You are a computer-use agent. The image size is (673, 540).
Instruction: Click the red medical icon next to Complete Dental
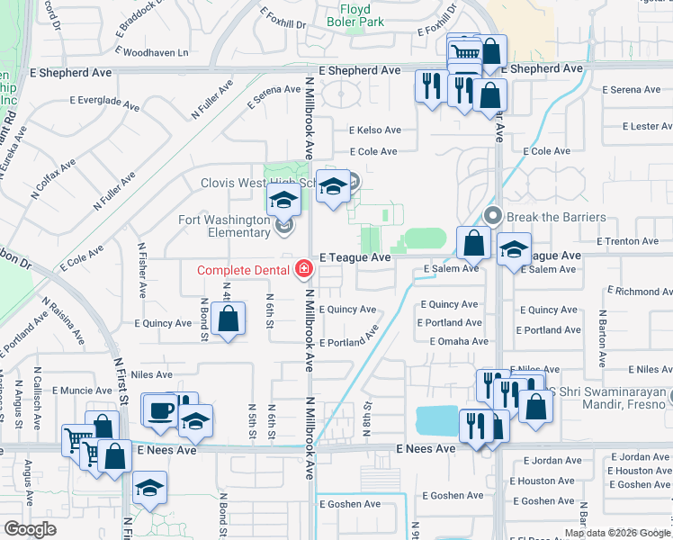(303, 269)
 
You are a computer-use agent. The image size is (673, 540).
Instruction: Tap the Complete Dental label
(244, 269)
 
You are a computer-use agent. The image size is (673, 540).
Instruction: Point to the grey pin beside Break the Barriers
(492, 216)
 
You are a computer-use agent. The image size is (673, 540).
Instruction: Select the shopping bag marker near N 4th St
(229, 319)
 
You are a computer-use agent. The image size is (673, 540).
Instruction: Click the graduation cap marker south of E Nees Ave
(149, 489)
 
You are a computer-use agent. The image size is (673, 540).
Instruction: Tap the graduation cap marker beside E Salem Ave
(514, 248)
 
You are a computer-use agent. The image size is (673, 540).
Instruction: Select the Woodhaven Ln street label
(156, 53)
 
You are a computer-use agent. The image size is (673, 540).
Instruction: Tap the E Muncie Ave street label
(80, 391)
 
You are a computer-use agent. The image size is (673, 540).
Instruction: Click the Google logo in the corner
(30, 529)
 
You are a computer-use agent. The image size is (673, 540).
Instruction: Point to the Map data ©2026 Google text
(616, 533)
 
